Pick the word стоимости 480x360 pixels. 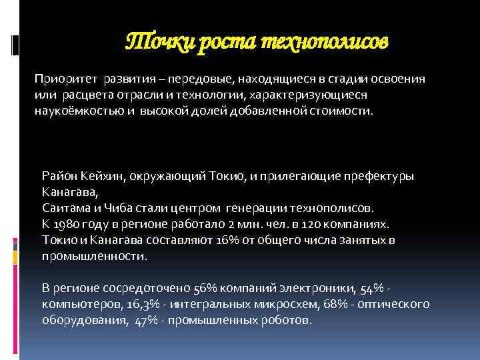[344, 110]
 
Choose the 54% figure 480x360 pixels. [372, 289]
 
